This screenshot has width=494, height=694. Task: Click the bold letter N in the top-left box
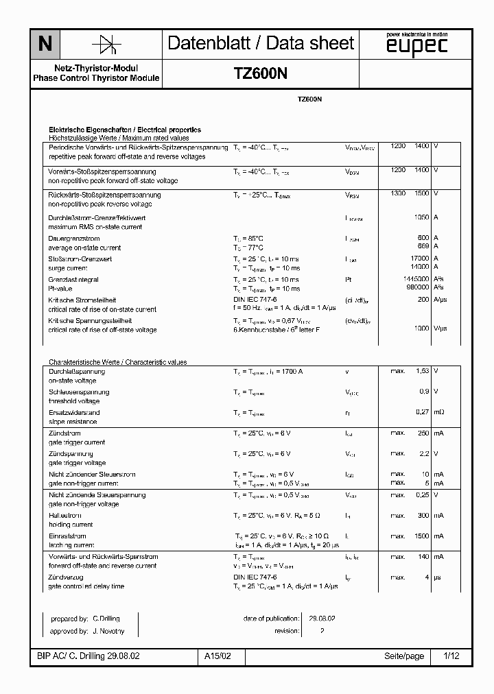(x=45, y=44)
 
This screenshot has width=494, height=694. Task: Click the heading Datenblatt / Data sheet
(x=261, y=44)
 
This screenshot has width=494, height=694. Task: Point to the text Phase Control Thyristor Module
(x=96, y=78)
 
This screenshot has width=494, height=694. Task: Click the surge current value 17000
(x=419, y=259)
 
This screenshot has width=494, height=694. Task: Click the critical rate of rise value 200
(x=423, y=300)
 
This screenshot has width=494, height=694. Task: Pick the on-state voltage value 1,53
(x=422, y=371)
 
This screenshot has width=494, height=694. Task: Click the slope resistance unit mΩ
(x=439, y=412)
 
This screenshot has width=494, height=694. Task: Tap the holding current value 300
(x=423, y=515)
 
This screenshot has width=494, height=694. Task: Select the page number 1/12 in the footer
(x=451, y=656)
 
